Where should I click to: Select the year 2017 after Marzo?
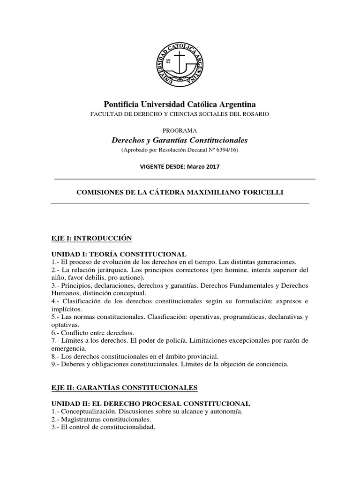click(210, 166)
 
